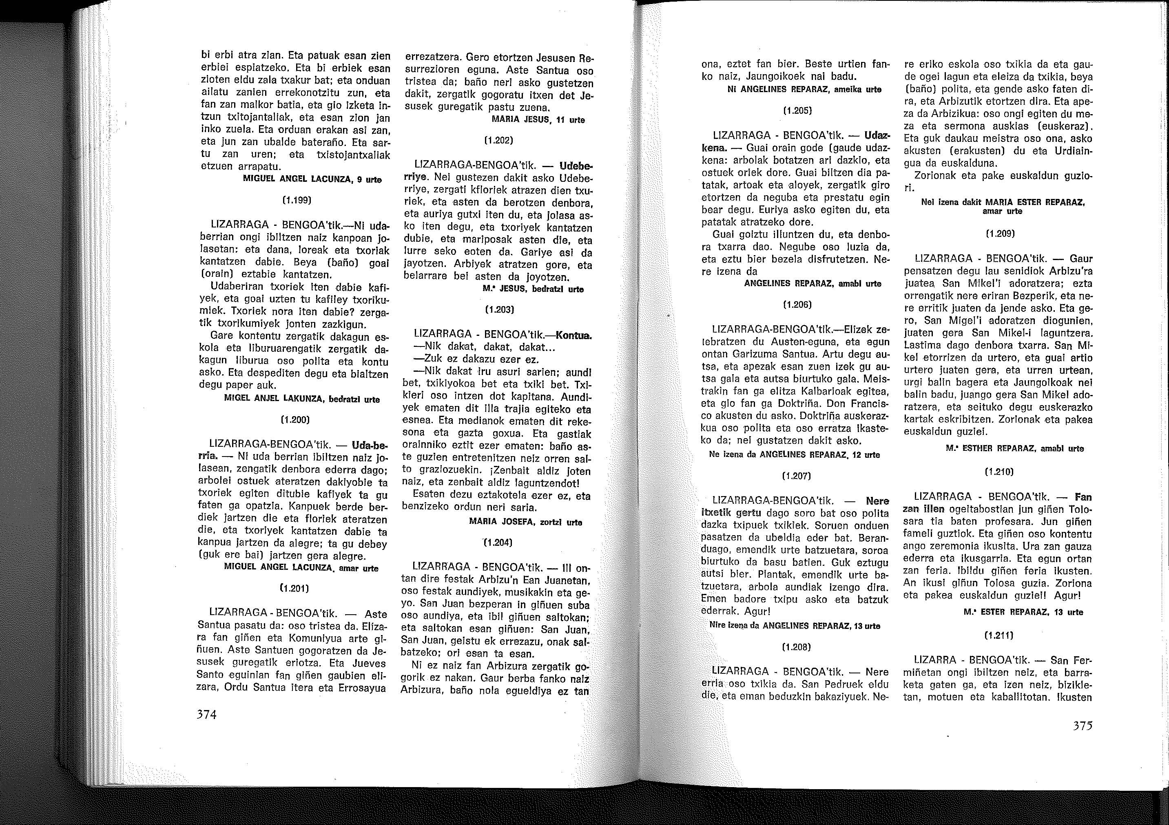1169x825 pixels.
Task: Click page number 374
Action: click(x=207, y=715)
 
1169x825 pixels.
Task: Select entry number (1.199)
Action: click(x=295, y=201)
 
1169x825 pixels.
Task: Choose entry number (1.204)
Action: click(x=498, y=543)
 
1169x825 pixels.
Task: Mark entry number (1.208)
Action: click(x=795, y=647)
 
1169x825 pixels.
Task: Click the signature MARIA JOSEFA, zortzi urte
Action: click(x=525, y=522)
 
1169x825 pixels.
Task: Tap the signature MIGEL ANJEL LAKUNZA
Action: click(x=302, y=399)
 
